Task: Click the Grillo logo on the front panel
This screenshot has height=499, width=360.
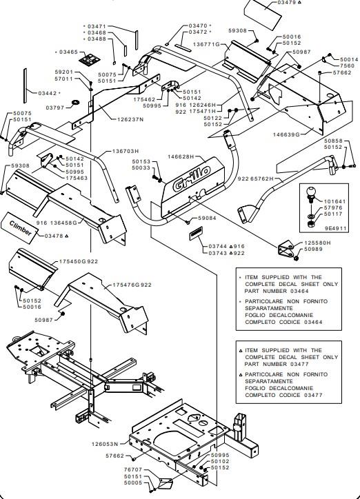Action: (192, 179)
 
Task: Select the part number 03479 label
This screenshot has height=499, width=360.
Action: (287, 2)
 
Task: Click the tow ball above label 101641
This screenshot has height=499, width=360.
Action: (310, 193)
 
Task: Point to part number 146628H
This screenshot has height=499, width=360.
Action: (181, 156)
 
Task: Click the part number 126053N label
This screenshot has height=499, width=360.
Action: (105, 444)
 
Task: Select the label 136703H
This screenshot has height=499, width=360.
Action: (126, 151)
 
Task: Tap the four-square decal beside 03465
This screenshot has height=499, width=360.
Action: (89, 59)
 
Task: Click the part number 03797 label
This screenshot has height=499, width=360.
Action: (55, 108)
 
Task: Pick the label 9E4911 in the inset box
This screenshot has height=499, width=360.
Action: (335, 228)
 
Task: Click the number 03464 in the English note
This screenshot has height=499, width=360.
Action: (299, 291)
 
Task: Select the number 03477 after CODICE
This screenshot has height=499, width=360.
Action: (313, 395)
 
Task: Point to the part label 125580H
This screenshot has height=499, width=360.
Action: (318, 243)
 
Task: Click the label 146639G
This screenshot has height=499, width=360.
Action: (286, 134)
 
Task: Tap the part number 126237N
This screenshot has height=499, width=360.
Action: (130, 119)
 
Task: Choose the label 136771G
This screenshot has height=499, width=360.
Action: (207, 45)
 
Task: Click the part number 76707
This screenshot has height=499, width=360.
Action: (133, 470)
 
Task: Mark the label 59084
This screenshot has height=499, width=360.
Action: (207, 218)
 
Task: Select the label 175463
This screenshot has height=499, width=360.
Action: (77, 179)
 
